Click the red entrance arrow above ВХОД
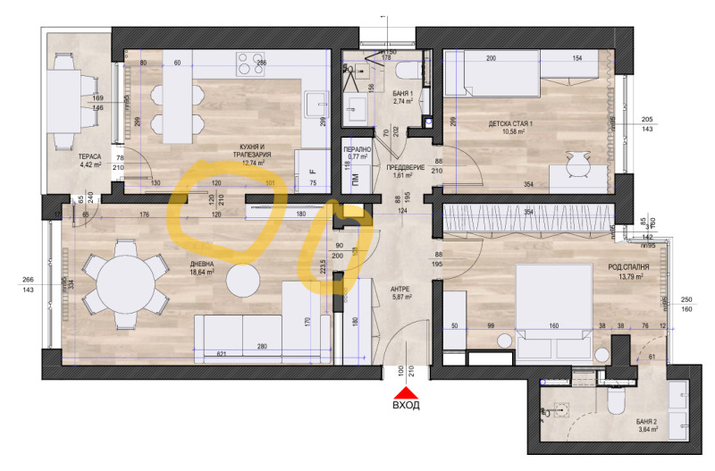(x=407, y=391)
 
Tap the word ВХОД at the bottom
(x=407, y=405)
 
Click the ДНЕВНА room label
(x=200, y=265)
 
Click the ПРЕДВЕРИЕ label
(x=405, y=166)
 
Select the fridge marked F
(x=312, y=171)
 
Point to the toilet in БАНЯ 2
(x=615, y=404)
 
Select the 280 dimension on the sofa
(x=262, y=347)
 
